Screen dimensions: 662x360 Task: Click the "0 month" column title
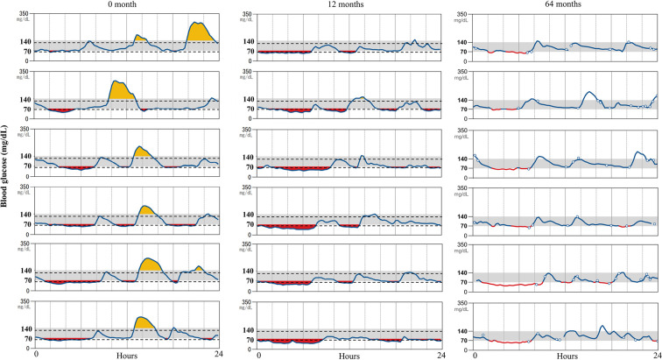point(121,4)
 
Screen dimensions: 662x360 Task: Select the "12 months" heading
point(345,4)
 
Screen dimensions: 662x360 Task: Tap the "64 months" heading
point(563,4)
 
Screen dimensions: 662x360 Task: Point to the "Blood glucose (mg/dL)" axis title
point(4,166)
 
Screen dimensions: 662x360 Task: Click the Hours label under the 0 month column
point(127,356)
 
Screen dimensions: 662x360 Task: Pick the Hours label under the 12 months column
point(349,356)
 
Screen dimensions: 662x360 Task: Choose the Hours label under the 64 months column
point(567,356)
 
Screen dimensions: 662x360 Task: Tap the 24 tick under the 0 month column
point(218,354)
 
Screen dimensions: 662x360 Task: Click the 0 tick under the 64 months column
point(475,355)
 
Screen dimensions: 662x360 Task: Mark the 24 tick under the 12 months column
point(440,355)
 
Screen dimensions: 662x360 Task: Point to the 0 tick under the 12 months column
point(259,355)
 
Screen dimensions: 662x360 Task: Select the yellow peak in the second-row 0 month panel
point(122,90)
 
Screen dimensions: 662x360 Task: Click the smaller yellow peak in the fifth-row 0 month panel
point(199,269)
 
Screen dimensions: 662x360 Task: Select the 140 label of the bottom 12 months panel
point(249,330)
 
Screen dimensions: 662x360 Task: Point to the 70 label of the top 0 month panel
point(28,52)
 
